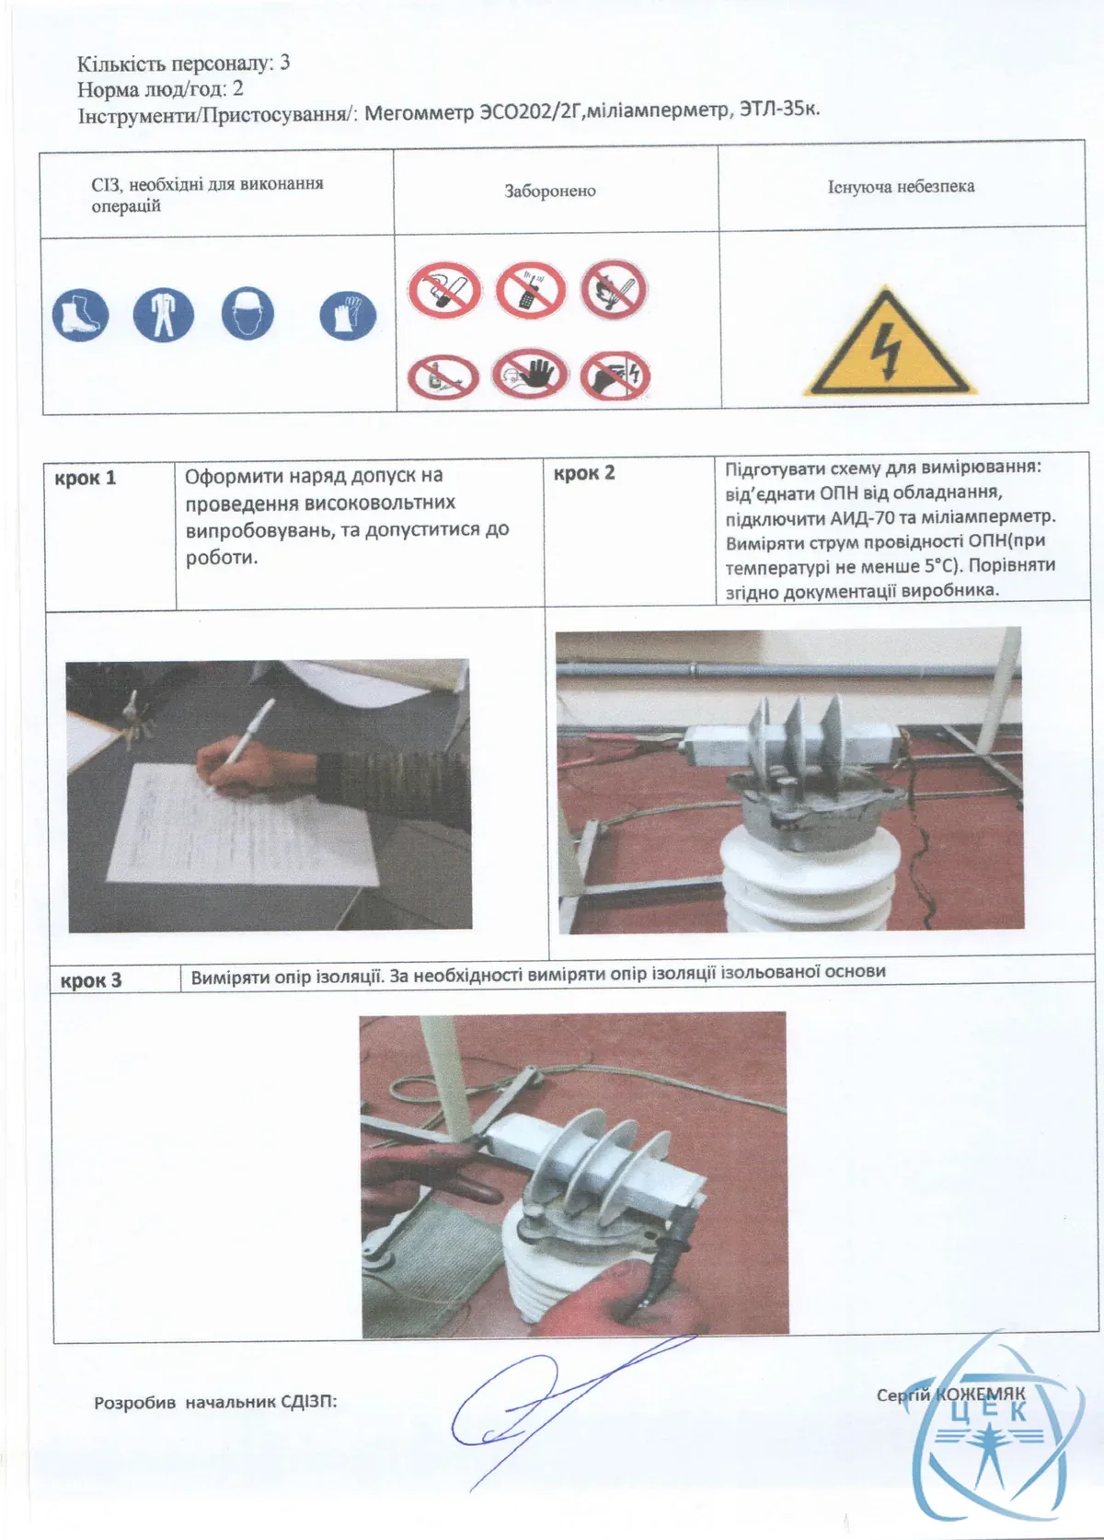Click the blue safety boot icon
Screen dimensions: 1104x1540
pyautogui.click(x=80, y=315)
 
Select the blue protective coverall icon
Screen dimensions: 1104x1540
pyautogui.click(x=163, y=315)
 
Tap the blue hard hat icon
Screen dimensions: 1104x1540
pyautogui.click(x=248, y=314)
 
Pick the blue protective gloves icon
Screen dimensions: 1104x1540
pyautogui.click(x=348, y=316)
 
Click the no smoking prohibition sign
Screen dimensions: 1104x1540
pyautogui.click(x=443, y=288)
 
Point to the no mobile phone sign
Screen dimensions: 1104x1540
pyautogui.click(x=530, y=290)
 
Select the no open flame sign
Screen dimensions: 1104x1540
pyautogui.click(x=615, y=289)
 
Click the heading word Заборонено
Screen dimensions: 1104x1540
pyautogui.click(x=549, y=191)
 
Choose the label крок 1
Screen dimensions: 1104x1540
pyautogui.click(x=86, y=479)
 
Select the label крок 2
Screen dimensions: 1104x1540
pyautogui.click(x=584, y=473)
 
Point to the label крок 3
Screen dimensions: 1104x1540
pyautogui.click(x=91, y=980)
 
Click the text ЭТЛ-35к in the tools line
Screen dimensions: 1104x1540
pyautogui.click(x=779, y=109)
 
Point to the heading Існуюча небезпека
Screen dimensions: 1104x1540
pyautogui.click(x=901, y=186)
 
